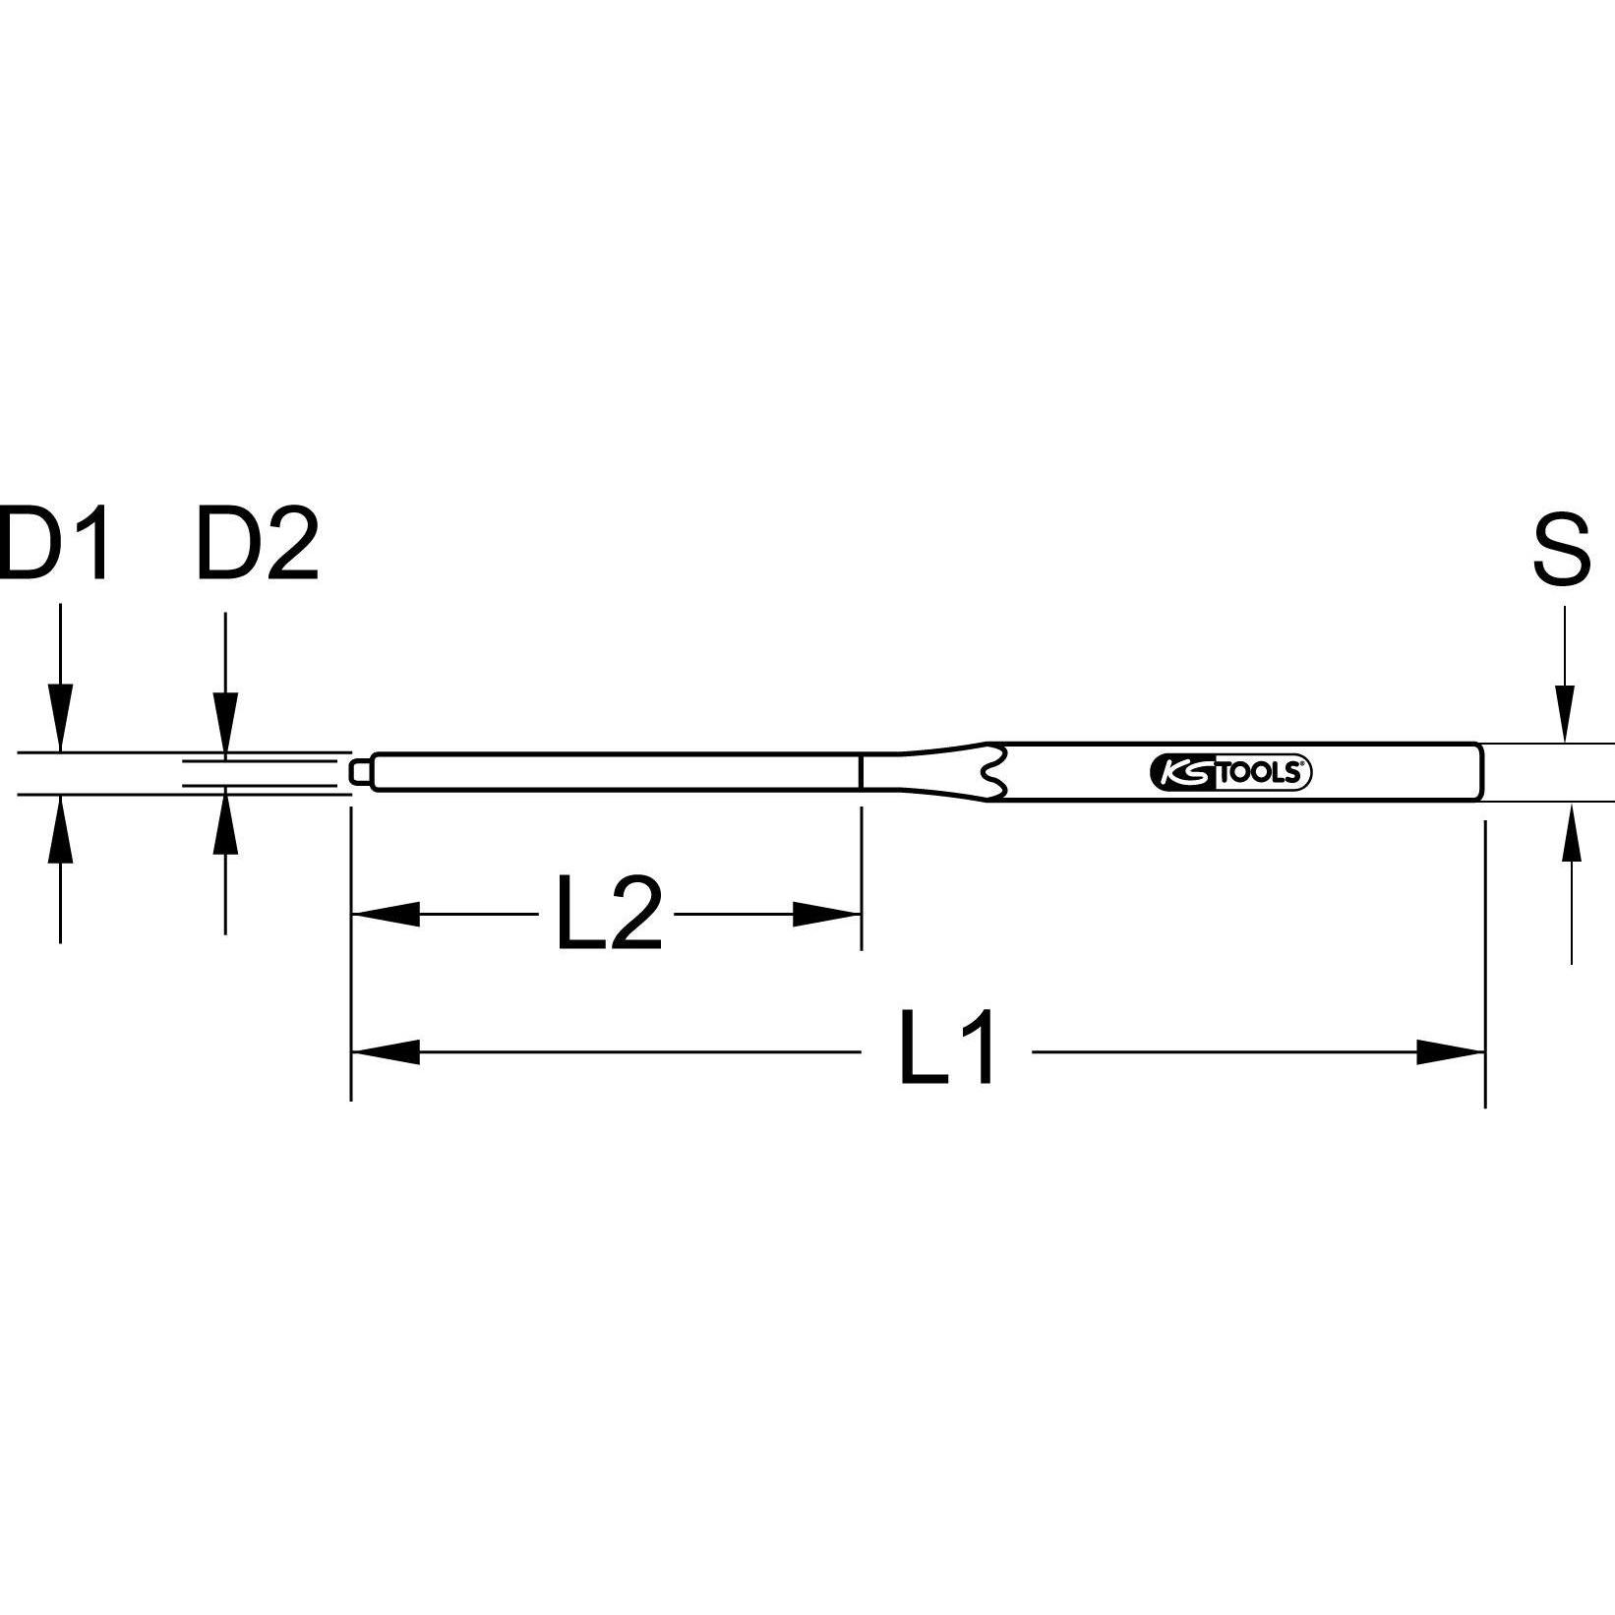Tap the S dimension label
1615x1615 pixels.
[x=1561, y=550]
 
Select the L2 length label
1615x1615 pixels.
[x=607, y=916]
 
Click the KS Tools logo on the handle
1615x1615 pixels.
[x=1229, y=773]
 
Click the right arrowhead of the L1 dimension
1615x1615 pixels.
[x=1451, y=1052]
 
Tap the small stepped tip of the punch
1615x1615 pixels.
[x=361, y=771]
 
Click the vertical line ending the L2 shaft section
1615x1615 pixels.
[x=862, y=771]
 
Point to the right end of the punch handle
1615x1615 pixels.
[x=1478, y=772]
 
